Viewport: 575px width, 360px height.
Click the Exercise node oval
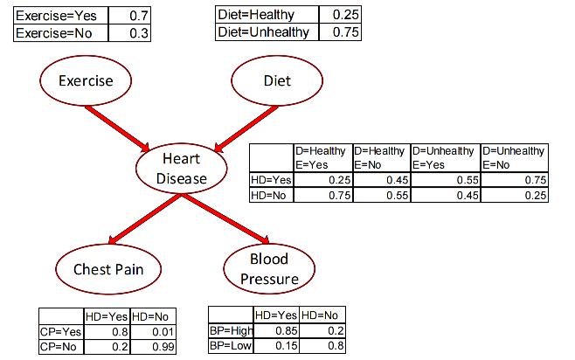click(86, 81)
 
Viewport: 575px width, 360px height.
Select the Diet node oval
click(277, 81)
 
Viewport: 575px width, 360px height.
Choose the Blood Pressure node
click(268, 269)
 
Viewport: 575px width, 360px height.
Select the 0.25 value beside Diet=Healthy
click(339, 15)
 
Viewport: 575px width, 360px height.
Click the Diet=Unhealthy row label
click(266, 31)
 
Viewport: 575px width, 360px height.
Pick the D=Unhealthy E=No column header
click(515, 156)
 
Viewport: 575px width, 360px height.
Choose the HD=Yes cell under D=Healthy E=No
click(381, 179)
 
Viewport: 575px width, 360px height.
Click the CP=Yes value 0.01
click(153, 332)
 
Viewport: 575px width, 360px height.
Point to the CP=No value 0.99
click(153, 346)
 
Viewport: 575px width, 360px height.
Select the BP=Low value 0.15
click(276, 345)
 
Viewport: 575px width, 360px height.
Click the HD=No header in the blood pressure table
click(322, 315)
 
